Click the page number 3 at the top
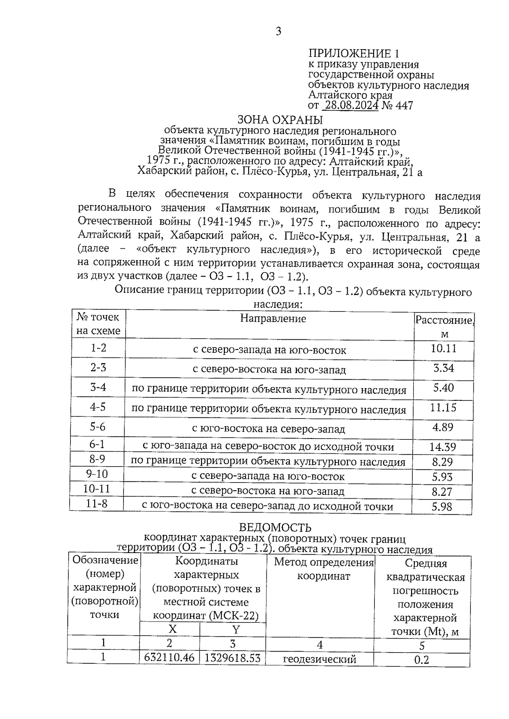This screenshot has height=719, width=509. (278, 31)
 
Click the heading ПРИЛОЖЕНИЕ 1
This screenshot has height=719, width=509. (354, 53)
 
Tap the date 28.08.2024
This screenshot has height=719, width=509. (350, 105)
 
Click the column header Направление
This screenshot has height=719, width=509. (273, 318)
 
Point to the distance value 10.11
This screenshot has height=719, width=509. (444, 349)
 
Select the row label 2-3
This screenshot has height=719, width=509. (98, 368)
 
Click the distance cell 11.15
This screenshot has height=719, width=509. (443, 408)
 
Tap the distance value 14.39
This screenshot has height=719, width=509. (442, 447)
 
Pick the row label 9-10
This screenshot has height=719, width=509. (97, 475)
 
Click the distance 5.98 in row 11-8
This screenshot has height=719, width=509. (442, 506)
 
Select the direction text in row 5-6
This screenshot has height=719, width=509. (268, 428)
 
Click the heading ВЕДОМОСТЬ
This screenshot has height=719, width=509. (275, 527)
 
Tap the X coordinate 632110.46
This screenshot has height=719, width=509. (169, 658)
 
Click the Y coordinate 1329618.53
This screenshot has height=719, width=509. (232, 658)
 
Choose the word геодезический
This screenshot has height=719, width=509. (319, 659)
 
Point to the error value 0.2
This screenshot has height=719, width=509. (422, 660)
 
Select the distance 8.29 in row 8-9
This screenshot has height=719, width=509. (442, 462)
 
